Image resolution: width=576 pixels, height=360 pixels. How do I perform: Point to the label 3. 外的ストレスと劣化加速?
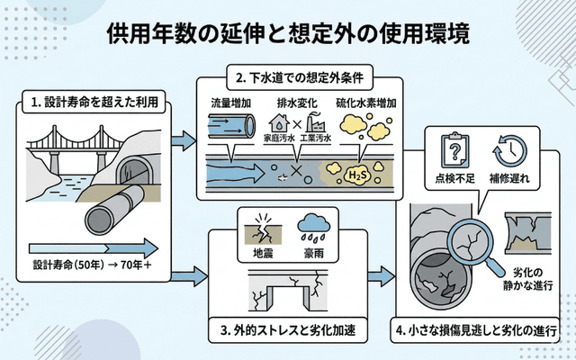[x=288, y=329]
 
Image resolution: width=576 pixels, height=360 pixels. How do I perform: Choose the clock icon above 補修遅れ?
[x=510, y=146]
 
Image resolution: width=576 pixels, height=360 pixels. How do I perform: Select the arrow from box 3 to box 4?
[x=382, y=272]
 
